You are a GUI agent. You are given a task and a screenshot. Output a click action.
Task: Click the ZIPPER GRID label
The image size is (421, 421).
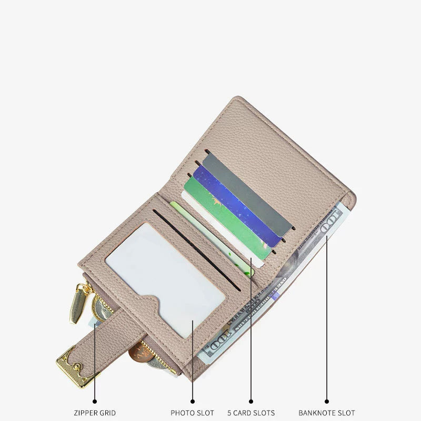95,413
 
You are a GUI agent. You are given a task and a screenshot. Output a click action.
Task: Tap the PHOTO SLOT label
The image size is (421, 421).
192,413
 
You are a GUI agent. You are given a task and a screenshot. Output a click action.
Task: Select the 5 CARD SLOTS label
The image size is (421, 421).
251,413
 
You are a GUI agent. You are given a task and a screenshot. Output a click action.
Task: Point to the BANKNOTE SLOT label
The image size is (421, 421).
327,413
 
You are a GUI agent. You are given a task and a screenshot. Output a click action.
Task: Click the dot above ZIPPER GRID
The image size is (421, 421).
95,402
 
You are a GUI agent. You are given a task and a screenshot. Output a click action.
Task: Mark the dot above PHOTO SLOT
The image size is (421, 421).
193,402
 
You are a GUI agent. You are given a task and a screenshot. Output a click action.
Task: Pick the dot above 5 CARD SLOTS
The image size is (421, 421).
251,402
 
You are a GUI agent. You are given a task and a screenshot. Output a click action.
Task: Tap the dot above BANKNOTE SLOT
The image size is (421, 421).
327,402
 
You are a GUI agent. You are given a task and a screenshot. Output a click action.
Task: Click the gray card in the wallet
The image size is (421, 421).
247,195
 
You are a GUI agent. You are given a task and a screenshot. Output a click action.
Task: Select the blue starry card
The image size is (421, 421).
236,205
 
